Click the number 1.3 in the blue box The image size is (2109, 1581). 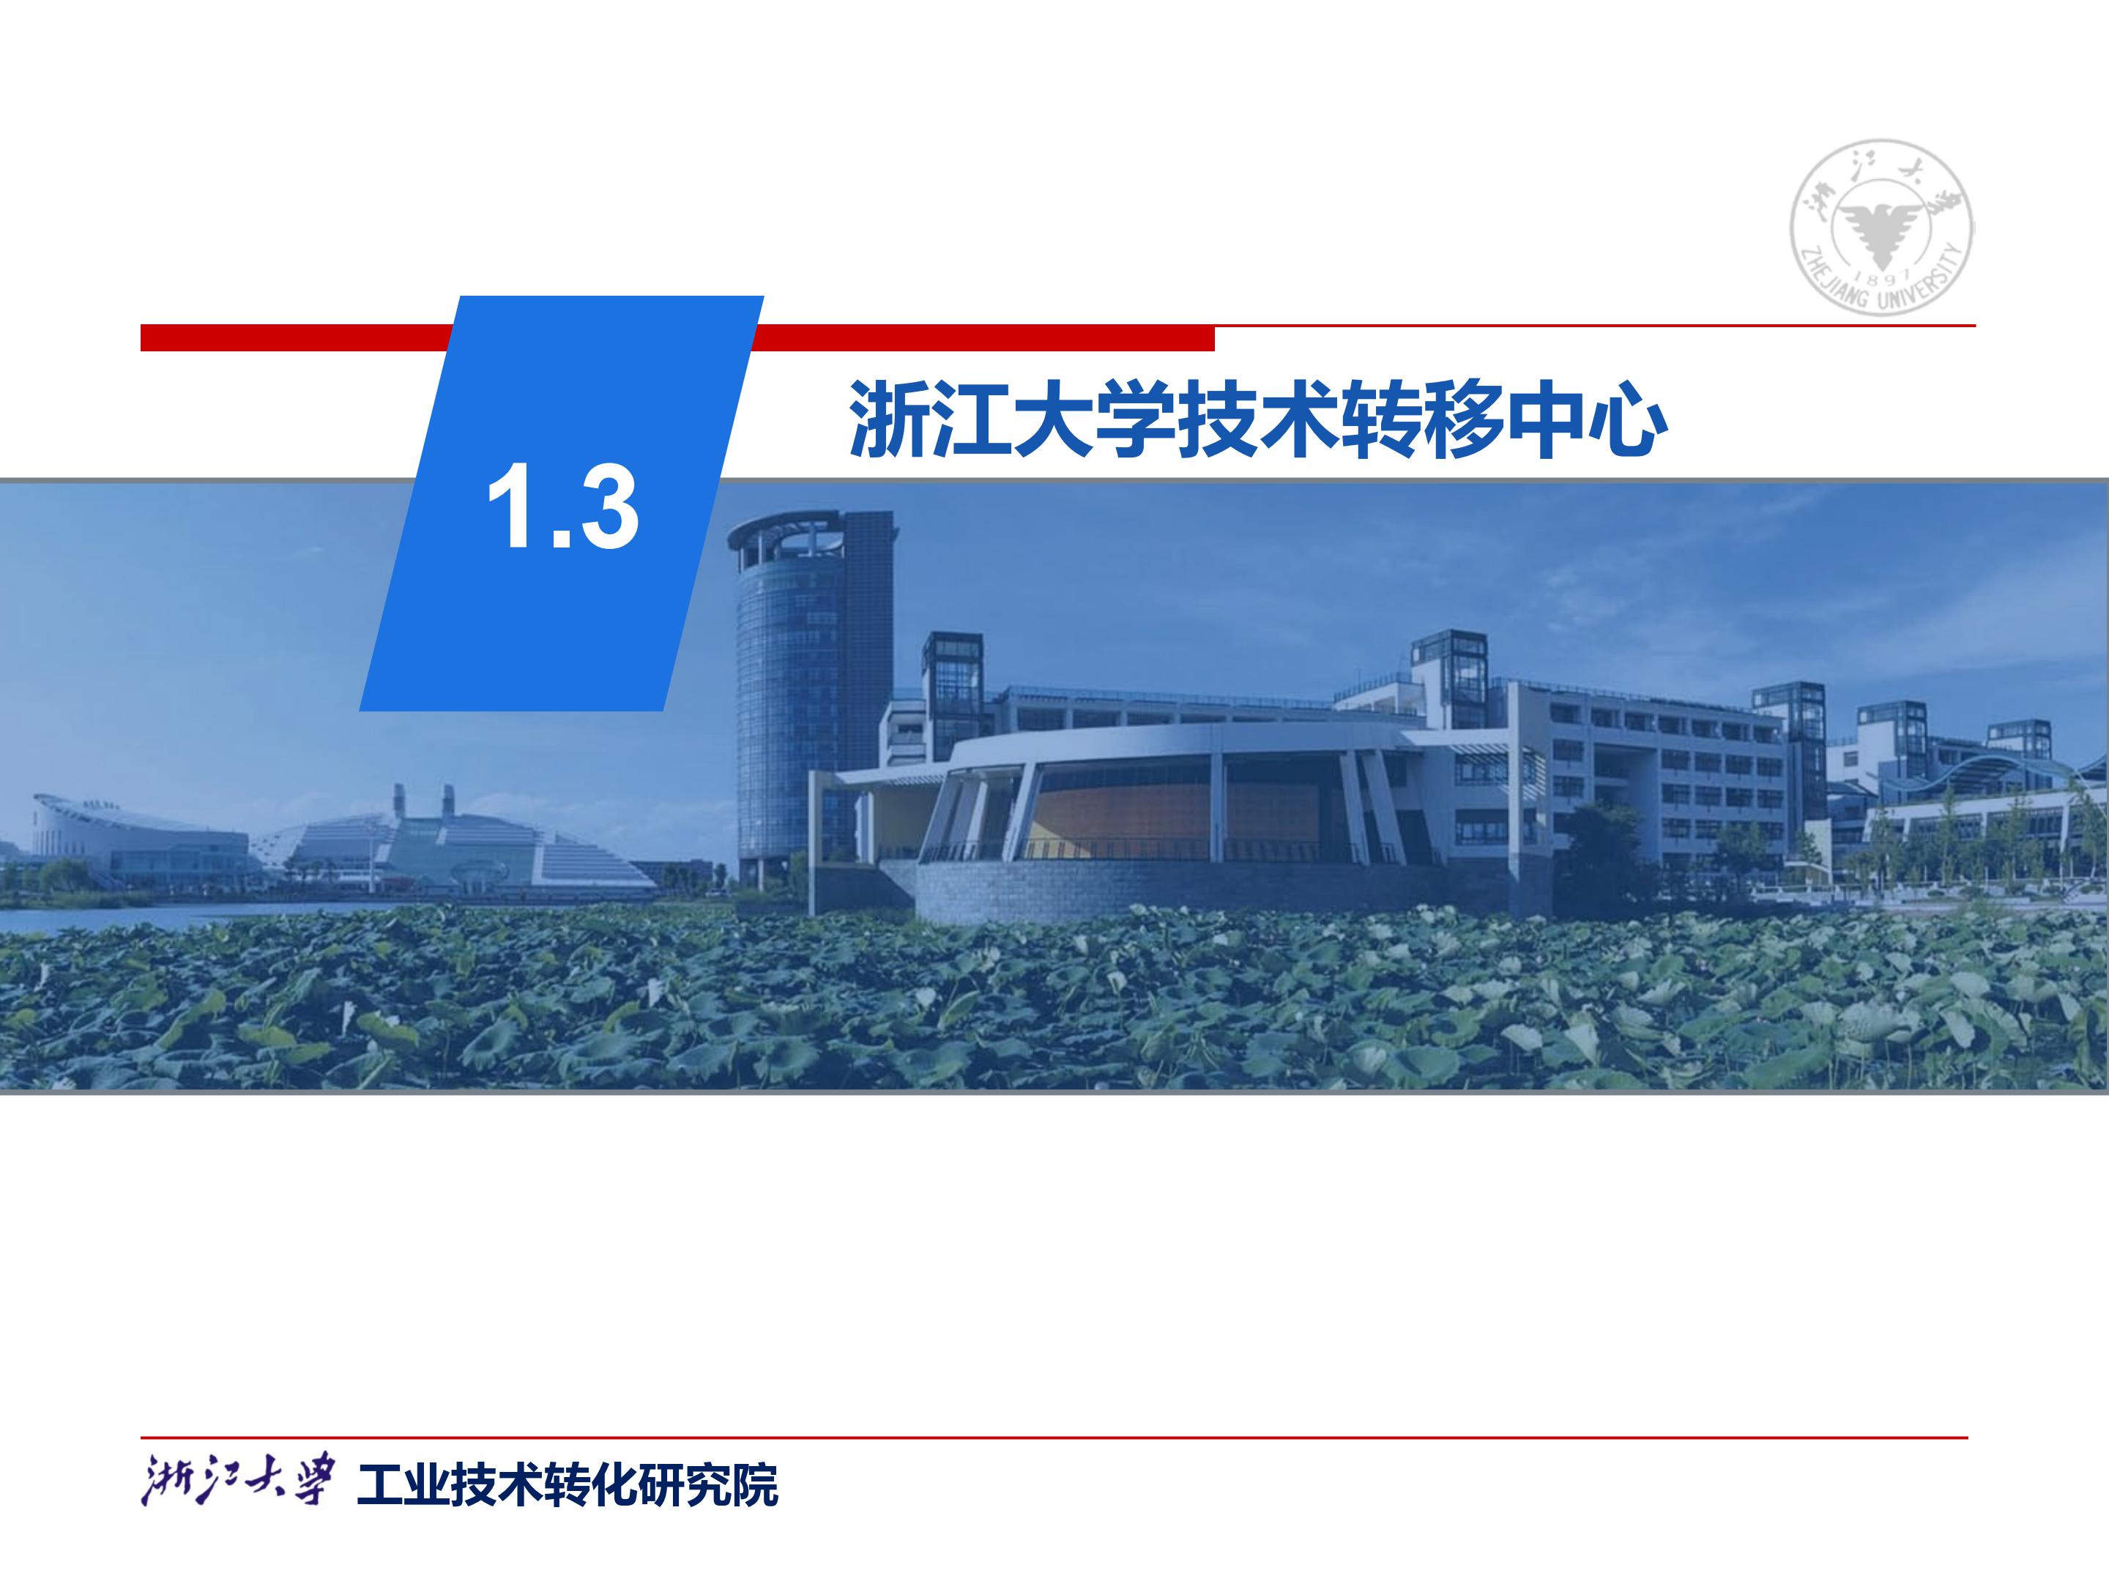pos(562,506)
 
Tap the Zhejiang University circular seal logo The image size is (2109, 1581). pos(1881,226)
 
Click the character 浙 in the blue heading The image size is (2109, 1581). pos(888,419)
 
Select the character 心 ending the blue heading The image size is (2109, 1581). pos(1626,419)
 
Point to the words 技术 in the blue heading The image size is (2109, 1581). pos(1259,419)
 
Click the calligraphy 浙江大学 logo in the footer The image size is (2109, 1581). pos(238,1484)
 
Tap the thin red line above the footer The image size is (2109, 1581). pos(1054,1437)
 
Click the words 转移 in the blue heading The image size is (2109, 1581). pos(1423,419)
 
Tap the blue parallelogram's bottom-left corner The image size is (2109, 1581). pos(360,711)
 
